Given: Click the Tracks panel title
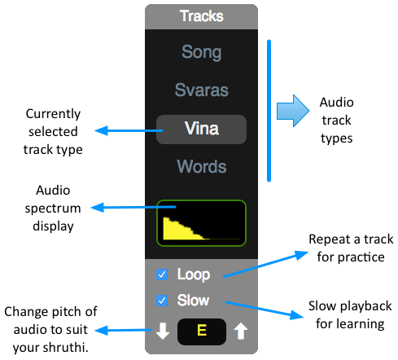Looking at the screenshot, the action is coord(202,16).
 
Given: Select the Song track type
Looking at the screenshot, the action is coord(202,52).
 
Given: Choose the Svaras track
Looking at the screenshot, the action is coord(202,90).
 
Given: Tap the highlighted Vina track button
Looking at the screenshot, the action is coord(201,130).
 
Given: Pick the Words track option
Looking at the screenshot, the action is coord(202,166).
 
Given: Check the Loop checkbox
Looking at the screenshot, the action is coord(162,274).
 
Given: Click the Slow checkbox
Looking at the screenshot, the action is coord(162,301).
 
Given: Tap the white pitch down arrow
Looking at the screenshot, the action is coord(163,331).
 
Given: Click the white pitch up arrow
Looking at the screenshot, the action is coord(241,331).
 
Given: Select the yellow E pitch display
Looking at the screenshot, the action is coord(202,331).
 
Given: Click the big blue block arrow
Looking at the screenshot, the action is coord(293,111).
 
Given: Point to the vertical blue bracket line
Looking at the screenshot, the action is coord(269,111).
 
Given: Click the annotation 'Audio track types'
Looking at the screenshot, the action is coord(337,121).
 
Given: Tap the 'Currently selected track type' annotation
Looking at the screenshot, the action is coord(53,132).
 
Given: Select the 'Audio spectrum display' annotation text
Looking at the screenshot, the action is coord(53,209).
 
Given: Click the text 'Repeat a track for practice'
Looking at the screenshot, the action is coord(351,248).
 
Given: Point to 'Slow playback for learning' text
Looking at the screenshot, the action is coord(350,315).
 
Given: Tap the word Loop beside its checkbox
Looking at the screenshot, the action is coord(194,274).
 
